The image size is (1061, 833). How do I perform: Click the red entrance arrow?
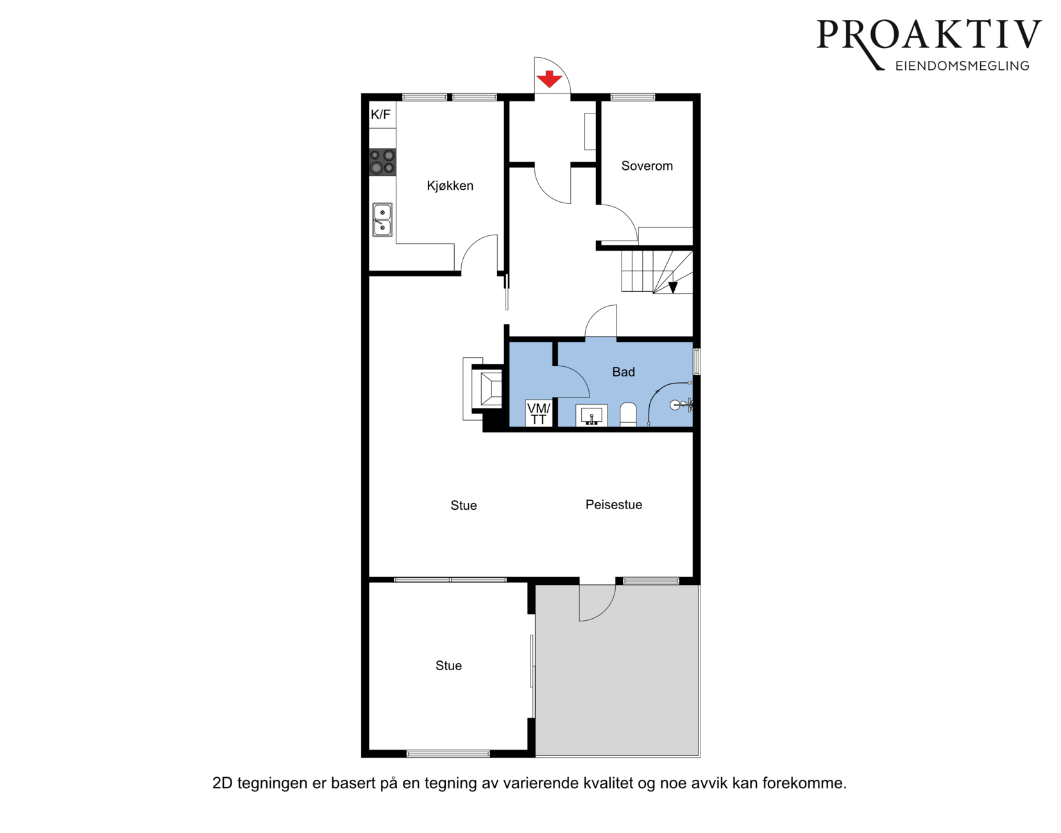pyautogui.click(x=549, y=79)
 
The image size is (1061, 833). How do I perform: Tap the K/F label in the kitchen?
pyautogui.click(x=380, y=115)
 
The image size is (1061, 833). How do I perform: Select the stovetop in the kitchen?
pyautogui.click(x=382, y=162)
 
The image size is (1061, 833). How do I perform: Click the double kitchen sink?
pyautogui.click(x=382, y=219)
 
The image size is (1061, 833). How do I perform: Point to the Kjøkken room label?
pyautogui.click(x=450, y=185)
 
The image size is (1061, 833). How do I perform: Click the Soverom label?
pyautogui.click(x=647, y=166)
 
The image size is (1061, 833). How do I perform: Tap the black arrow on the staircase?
pyautogui.click(x=673, y=287)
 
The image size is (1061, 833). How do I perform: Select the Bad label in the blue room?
pyautogui.click(x=624, y=372)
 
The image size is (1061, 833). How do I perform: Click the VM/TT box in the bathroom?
pyautogui.click(x=539, y=414)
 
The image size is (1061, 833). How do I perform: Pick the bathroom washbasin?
pyautogui.click(x=591, y=416)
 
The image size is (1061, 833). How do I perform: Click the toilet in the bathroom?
pyautogui.click(x=628, y=414)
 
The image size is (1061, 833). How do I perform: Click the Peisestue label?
pyautogui.click(x=614, y=505)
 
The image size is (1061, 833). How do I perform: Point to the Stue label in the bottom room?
pyautogui.click(x=448, y=666)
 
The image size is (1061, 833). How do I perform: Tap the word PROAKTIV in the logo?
pyautogui.click(x=929, y=35)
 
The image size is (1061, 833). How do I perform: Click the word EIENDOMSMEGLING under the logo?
pyautogui.click(x=962, y=66)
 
